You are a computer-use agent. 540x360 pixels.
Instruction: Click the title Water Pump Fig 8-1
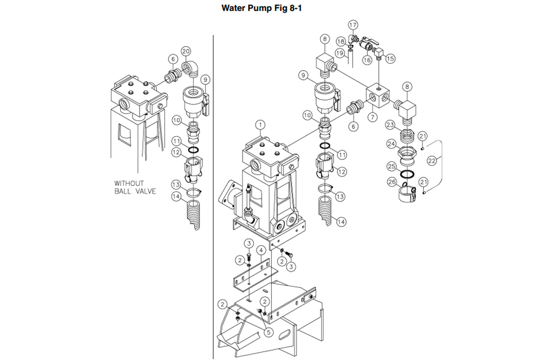tap(270, 8)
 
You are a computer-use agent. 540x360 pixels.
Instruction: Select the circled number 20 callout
tap(186, 52)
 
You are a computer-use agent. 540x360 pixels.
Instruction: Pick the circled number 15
tap(390, 58)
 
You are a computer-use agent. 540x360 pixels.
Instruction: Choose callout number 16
tap(367, 60)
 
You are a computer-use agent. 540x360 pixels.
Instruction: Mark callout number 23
tap(390, 125)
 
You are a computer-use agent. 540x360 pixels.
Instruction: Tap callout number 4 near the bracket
tap(260, 250)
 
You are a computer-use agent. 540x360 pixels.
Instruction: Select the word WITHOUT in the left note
tap(128, 184)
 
